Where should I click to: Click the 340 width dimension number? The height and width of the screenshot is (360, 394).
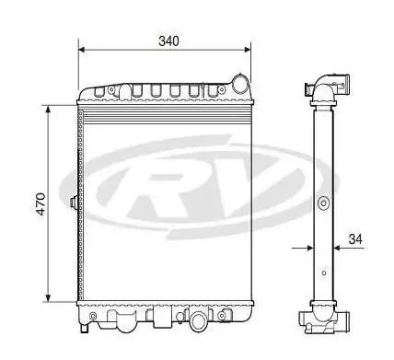[x=168, y=41]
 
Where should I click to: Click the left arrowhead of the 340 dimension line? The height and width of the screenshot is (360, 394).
[x=83, y=51]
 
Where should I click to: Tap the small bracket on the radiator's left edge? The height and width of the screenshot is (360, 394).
[x=72, y=201]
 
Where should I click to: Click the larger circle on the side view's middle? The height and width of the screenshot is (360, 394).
[x=322, y=203]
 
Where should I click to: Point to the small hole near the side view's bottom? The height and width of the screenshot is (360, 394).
[x=323, y=273]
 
